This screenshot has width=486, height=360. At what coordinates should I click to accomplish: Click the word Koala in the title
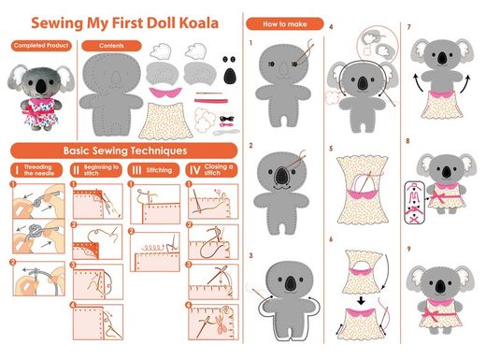click(x=199, y=23)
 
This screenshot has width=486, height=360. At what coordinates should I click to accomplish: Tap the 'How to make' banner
click(x=285, y=24)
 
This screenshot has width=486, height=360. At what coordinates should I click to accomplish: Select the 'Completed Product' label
click(x=41, y=46)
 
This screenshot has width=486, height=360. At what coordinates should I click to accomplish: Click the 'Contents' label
click(x=111, y=46)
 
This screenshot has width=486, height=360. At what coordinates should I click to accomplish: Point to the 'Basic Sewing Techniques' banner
click(x=124, y=151)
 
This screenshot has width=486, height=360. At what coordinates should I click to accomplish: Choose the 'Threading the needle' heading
click(x=36, y=170)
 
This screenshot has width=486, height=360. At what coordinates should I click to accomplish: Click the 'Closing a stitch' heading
click(x=212, y=170)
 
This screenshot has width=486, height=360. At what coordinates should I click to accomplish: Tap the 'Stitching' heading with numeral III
click(x=153, y=170)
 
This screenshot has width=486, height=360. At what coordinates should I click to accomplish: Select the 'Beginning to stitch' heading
click(x=96, y=170)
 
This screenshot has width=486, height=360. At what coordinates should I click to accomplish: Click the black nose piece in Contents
click(x=230, y=76)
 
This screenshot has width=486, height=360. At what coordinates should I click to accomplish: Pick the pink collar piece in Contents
click(x=165, y=93)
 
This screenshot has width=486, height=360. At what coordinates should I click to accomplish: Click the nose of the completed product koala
click(x=40, y=86)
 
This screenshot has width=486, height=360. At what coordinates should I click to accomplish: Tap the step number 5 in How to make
click(x=331, y=149)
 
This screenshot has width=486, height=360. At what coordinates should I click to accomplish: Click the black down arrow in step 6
click(x=361, y=301)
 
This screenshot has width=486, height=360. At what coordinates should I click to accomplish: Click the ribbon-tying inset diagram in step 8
click(x=415, y=203)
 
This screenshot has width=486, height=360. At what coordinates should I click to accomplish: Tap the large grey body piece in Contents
click(x=111, y=94)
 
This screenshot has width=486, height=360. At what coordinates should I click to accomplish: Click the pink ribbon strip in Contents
click(x=211, y=101)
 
